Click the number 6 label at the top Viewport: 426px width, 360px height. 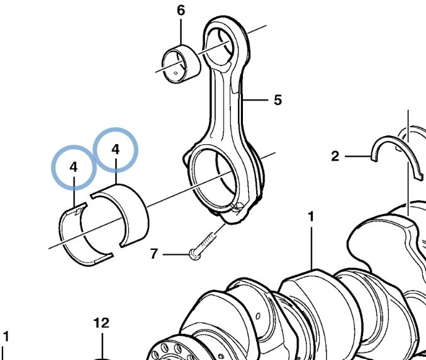pos(181,10)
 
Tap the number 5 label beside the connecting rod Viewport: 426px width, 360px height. pos(277,100)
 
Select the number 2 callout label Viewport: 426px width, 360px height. pos(335,155)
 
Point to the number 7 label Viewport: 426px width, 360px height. pos(154,254)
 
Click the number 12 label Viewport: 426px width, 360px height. pos(101,323)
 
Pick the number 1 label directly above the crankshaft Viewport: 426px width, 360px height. pos(311,217)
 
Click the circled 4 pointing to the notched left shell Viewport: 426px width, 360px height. pos(74,167)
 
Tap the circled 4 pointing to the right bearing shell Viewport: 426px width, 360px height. pos(115,149)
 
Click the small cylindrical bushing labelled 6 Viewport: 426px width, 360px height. pos(180,64)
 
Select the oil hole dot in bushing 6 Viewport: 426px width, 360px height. pos(175,72)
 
